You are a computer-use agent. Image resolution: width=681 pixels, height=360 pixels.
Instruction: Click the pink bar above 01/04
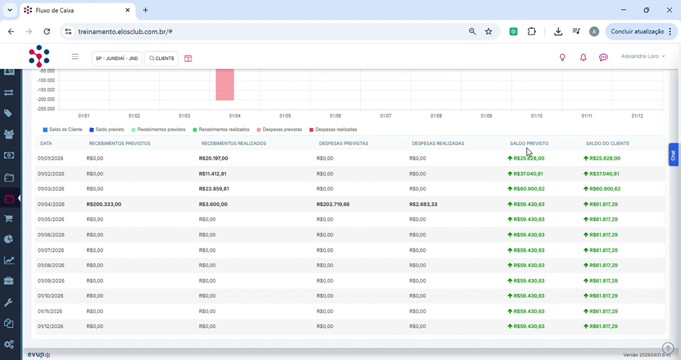click(x=225, y=85)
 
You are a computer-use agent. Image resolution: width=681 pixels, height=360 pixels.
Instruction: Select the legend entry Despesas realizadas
click(x=333, y=129)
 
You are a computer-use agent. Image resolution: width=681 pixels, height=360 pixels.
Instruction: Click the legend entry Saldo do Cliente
click(x=63, y=129)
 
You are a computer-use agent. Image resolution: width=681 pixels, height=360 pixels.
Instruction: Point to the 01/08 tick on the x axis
click(x=436, y=116)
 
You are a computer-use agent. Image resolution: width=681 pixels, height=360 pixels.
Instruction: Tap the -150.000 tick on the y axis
click(x=46, y=90)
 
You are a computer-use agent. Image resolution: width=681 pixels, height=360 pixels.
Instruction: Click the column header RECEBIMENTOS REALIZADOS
click(x=234, y=144)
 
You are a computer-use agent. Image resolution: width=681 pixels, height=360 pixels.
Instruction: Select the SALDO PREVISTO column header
click(x=529, y=144)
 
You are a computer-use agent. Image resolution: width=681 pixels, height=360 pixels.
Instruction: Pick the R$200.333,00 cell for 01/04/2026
click(x=104, y=204)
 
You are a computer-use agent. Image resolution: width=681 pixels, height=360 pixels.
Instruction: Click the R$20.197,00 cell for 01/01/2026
click(x=213, y=158)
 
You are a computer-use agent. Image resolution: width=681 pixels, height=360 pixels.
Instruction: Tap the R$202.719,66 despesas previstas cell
click(x=333, y=204)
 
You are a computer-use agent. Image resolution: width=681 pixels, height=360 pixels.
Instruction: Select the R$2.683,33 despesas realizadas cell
click(x=423, y=204)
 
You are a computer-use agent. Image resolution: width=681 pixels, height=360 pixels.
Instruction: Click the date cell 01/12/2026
click(x=51, y=326)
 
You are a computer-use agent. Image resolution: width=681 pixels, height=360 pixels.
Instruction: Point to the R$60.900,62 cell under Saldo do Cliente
click(x=602, y=189)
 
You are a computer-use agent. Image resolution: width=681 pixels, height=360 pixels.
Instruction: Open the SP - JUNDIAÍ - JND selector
click(x=117, y=58)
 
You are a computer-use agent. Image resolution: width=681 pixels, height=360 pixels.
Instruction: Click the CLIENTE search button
click(x=161, y=58)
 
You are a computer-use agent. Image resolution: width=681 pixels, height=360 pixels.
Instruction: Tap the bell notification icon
click(x=583, y=57)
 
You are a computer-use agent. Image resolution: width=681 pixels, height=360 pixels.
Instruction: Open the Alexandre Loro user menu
click(x=643, y=56)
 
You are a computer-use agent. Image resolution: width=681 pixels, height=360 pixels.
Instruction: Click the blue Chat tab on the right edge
click(x=673, y=155)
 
